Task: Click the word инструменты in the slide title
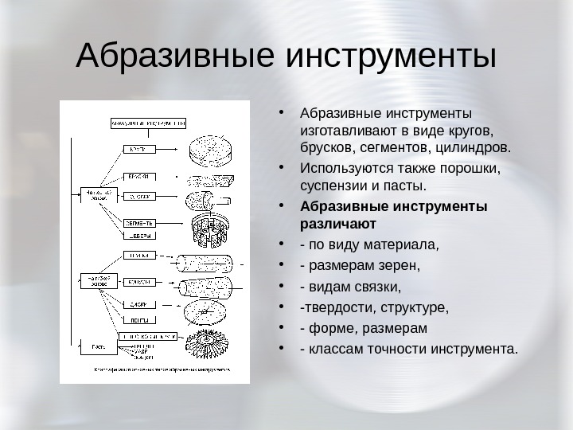coord(390,57)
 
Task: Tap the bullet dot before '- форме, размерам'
coord(284,327)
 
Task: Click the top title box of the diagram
coord(147,124)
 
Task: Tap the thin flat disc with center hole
coord(212,307)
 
